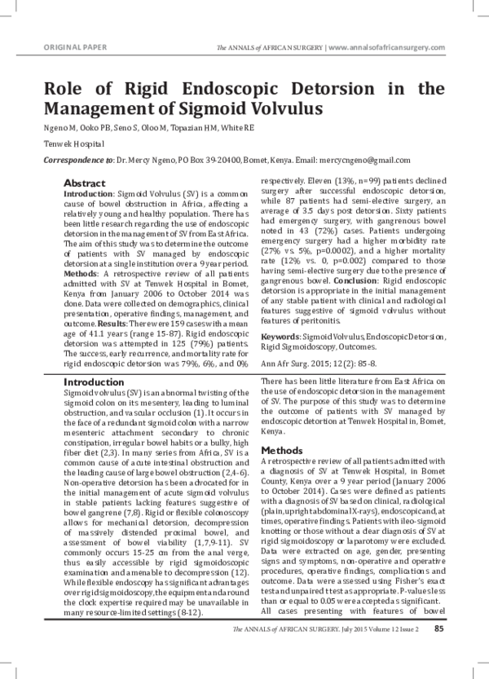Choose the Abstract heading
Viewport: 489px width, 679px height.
pos(84,183)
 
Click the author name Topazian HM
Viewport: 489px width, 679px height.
pos(199,130)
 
